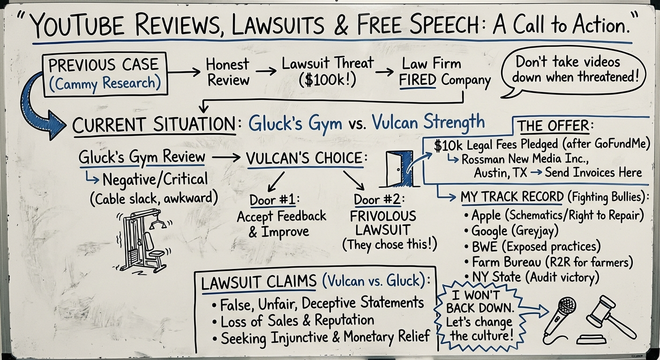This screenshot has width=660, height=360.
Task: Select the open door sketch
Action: click(x=399, y=169)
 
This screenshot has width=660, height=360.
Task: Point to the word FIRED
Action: click(x=418, y=81)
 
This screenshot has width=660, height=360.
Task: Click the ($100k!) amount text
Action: click(x=327, y=80)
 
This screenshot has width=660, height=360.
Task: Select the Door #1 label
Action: click(x=274, y=200)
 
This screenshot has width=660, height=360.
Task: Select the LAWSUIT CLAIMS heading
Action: click(x=259, y=282)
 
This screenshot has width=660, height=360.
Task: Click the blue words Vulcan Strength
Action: click(x=428, y=122)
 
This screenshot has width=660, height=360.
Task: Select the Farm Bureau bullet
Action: click(x=552, y=262)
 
